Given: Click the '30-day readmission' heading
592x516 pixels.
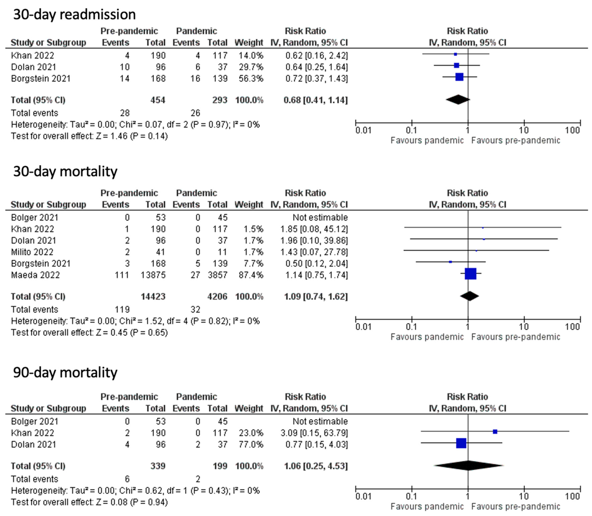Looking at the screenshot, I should point(74,14).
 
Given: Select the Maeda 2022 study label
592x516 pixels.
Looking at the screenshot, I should point(35,275).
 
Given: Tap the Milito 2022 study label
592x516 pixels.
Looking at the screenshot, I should point(32,252).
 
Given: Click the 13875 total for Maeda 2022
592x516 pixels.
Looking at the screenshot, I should point(153,275).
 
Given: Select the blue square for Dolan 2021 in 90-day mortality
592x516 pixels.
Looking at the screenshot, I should point(461,443).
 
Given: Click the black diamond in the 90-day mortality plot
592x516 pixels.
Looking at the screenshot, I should point(468,466).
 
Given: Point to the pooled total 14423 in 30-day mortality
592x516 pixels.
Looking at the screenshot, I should point(153,297).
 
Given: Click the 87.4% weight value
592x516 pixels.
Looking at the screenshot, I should point(251,275).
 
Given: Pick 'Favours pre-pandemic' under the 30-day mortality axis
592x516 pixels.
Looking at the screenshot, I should point(515,337).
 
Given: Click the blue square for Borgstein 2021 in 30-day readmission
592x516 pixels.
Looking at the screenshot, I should point(459,77).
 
